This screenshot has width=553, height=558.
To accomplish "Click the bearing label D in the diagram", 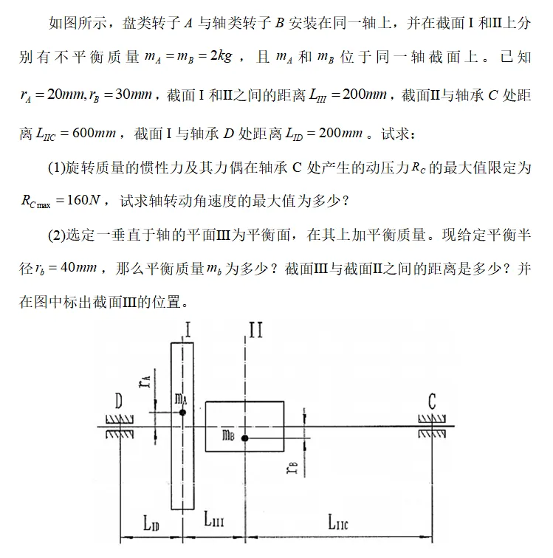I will click(117, 402).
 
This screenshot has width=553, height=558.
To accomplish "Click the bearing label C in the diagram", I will click(432, 402).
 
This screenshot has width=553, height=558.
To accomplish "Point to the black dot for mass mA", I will click(182, 413).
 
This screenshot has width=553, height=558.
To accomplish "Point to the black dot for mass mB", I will click(244, 438).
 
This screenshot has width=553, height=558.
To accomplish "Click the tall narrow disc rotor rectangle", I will click(182, 465).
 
